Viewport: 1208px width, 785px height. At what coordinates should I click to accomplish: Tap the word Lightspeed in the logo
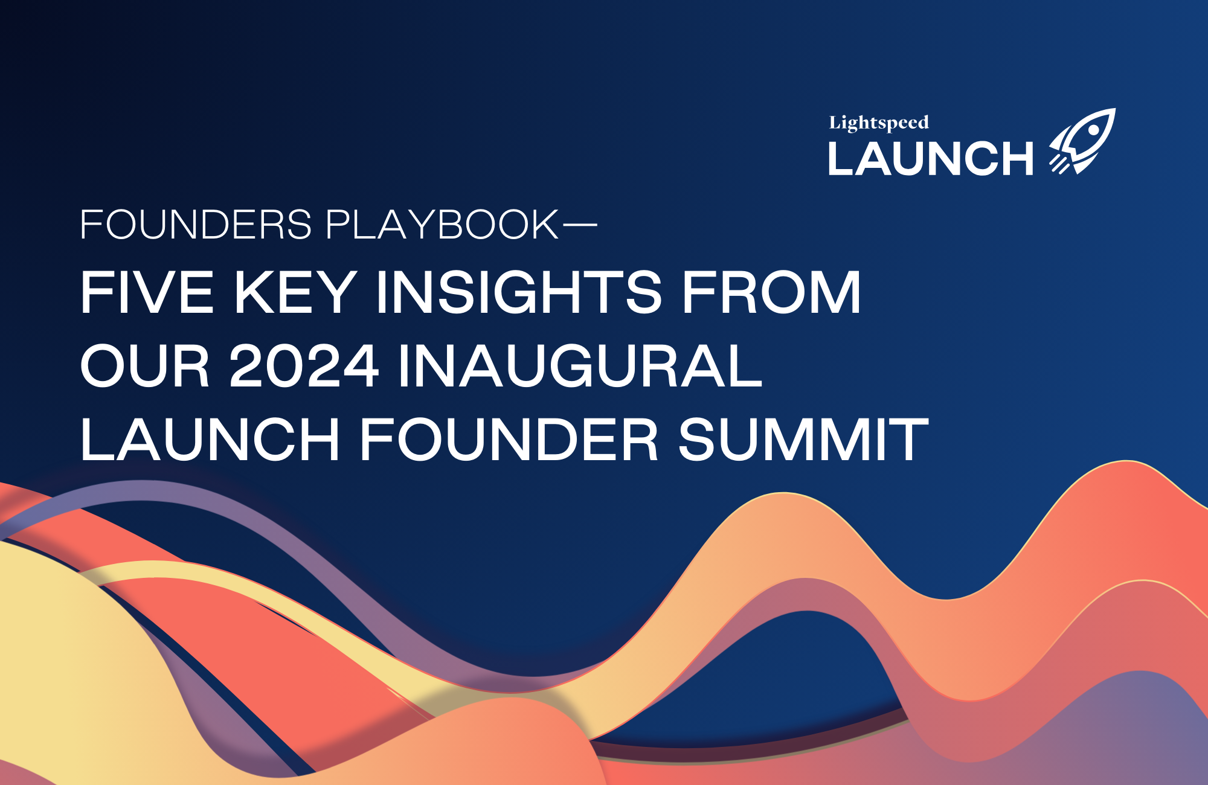tap(879, 123)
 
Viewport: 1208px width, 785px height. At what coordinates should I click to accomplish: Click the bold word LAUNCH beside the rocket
tap(931, 159)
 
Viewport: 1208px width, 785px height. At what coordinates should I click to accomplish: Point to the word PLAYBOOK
tap(443, 225)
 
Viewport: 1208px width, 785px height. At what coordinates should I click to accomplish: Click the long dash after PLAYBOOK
tap(579, 225)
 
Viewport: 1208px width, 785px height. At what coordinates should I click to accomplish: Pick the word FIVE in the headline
tap(147, 292)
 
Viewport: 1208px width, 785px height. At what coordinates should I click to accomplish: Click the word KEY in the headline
tap(295, 292)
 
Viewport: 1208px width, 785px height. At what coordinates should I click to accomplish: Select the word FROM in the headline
tap(771, 292)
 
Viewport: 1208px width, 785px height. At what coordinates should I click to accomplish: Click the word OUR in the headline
tap(145, 366)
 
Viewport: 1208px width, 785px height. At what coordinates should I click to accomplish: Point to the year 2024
tap(304, 366)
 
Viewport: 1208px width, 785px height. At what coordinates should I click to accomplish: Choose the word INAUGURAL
tap(580, 366)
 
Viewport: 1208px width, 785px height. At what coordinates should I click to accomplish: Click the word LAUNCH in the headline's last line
tap(210, 439)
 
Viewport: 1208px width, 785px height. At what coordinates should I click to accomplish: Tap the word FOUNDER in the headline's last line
tap(509, 439)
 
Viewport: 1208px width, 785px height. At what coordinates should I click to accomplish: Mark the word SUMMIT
tap(803, 439)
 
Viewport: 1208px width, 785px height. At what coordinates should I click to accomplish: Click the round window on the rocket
tap(1093, 131)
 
